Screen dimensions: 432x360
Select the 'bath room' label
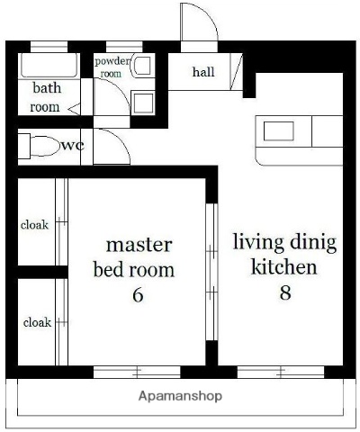[46, 97]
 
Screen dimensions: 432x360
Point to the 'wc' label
[73, 145]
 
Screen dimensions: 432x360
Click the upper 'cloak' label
[35, 225]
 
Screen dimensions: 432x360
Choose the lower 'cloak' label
[37, 322]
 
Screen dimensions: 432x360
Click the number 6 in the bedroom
[138, 294]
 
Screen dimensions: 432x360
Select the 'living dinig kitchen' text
[284, 254]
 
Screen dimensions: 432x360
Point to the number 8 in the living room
[284, 292]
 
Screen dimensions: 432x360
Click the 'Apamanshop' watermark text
[180, 396]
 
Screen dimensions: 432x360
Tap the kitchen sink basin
[278, 131]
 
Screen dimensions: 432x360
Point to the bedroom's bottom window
[137, 371]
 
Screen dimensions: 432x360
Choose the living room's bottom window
[281, 371]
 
